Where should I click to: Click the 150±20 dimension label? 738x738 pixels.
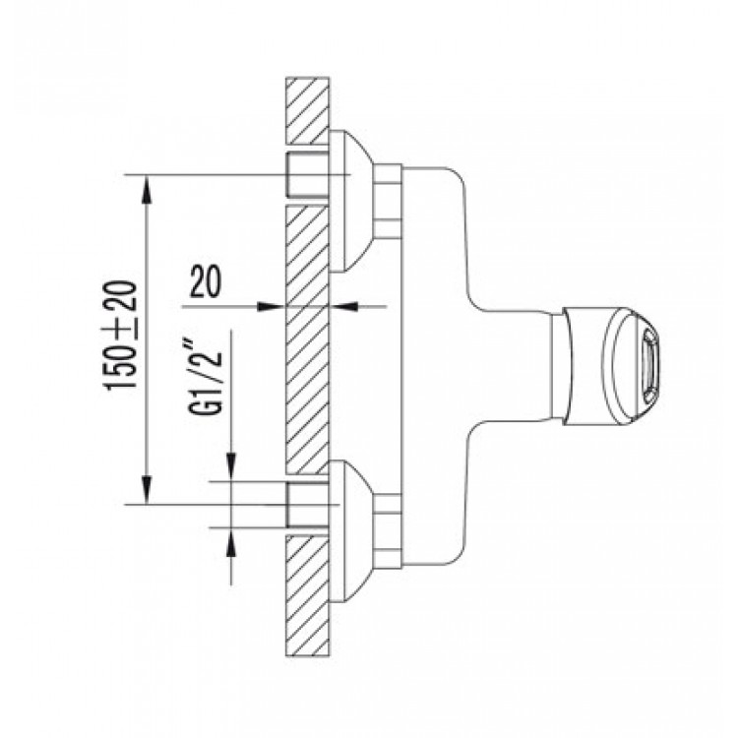(x=119, y=336)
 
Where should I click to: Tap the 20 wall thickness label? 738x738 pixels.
(x=206, y=282)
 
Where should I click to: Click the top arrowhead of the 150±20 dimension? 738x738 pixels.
(x=148, y=189)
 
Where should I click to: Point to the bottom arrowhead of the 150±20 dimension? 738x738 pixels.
(x=148, y=490)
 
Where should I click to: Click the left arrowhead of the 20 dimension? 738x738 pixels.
(x=272, y=306)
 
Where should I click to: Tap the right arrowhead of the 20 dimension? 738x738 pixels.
(x=343, y=306)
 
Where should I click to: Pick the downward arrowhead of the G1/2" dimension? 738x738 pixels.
(x=231, y=466)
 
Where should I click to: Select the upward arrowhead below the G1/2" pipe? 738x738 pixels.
(x=231, y=542)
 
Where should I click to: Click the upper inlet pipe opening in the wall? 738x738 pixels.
(x=307, y=174)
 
